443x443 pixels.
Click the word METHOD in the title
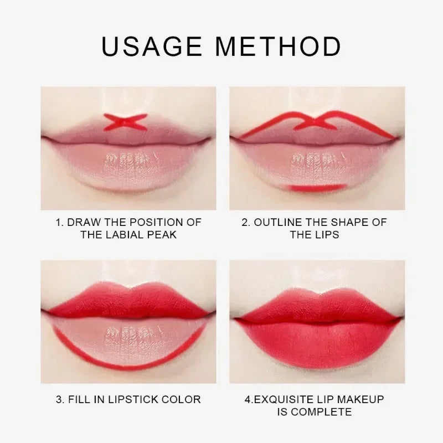(279, 47)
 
